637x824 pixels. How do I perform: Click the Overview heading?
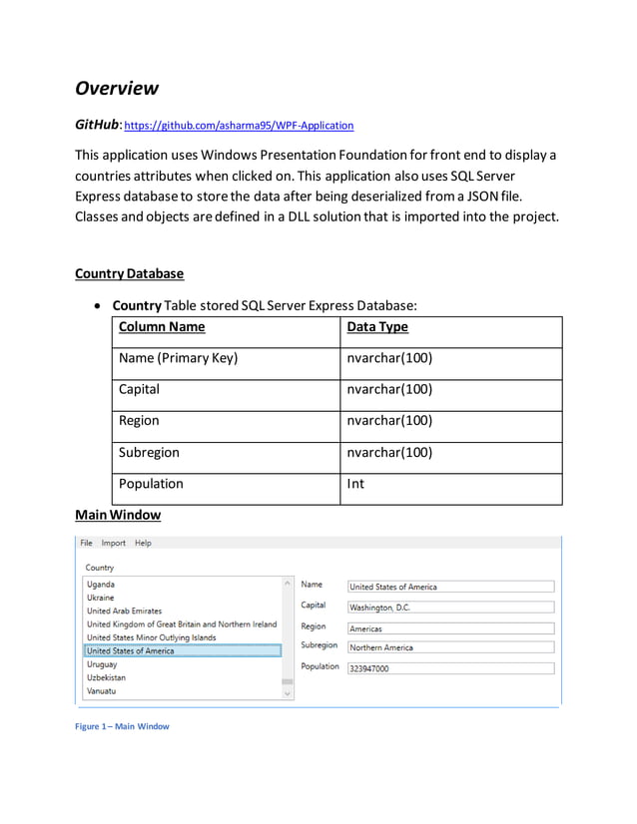point(117,88)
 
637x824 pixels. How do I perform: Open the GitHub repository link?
point(239,126)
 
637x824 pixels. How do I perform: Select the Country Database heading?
point(129,273)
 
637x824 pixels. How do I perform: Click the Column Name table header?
point(161,327)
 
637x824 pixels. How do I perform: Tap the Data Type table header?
point(376,327)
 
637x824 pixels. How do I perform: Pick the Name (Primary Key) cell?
point(178,358)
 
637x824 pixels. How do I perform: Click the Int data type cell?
point(355,484)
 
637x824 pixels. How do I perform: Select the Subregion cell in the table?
point(149,452)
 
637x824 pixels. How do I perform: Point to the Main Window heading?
point(117,515)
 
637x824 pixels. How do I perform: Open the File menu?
point(86,543)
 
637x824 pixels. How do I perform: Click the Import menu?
point(113,543)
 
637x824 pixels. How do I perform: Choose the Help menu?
point(143,543)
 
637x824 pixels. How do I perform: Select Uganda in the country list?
point(101,585)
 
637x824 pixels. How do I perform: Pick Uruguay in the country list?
point(102,664)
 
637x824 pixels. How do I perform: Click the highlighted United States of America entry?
point(130,651)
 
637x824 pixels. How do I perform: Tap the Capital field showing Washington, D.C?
point(450,608)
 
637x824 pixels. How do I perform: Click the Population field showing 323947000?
point(450,668)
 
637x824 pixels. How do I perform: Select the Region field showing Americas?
point(450,628)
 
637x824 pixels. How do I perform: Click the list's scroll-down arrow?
point(288,693)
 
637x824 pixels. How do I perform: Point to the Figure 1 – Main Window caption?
point(122,726)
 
